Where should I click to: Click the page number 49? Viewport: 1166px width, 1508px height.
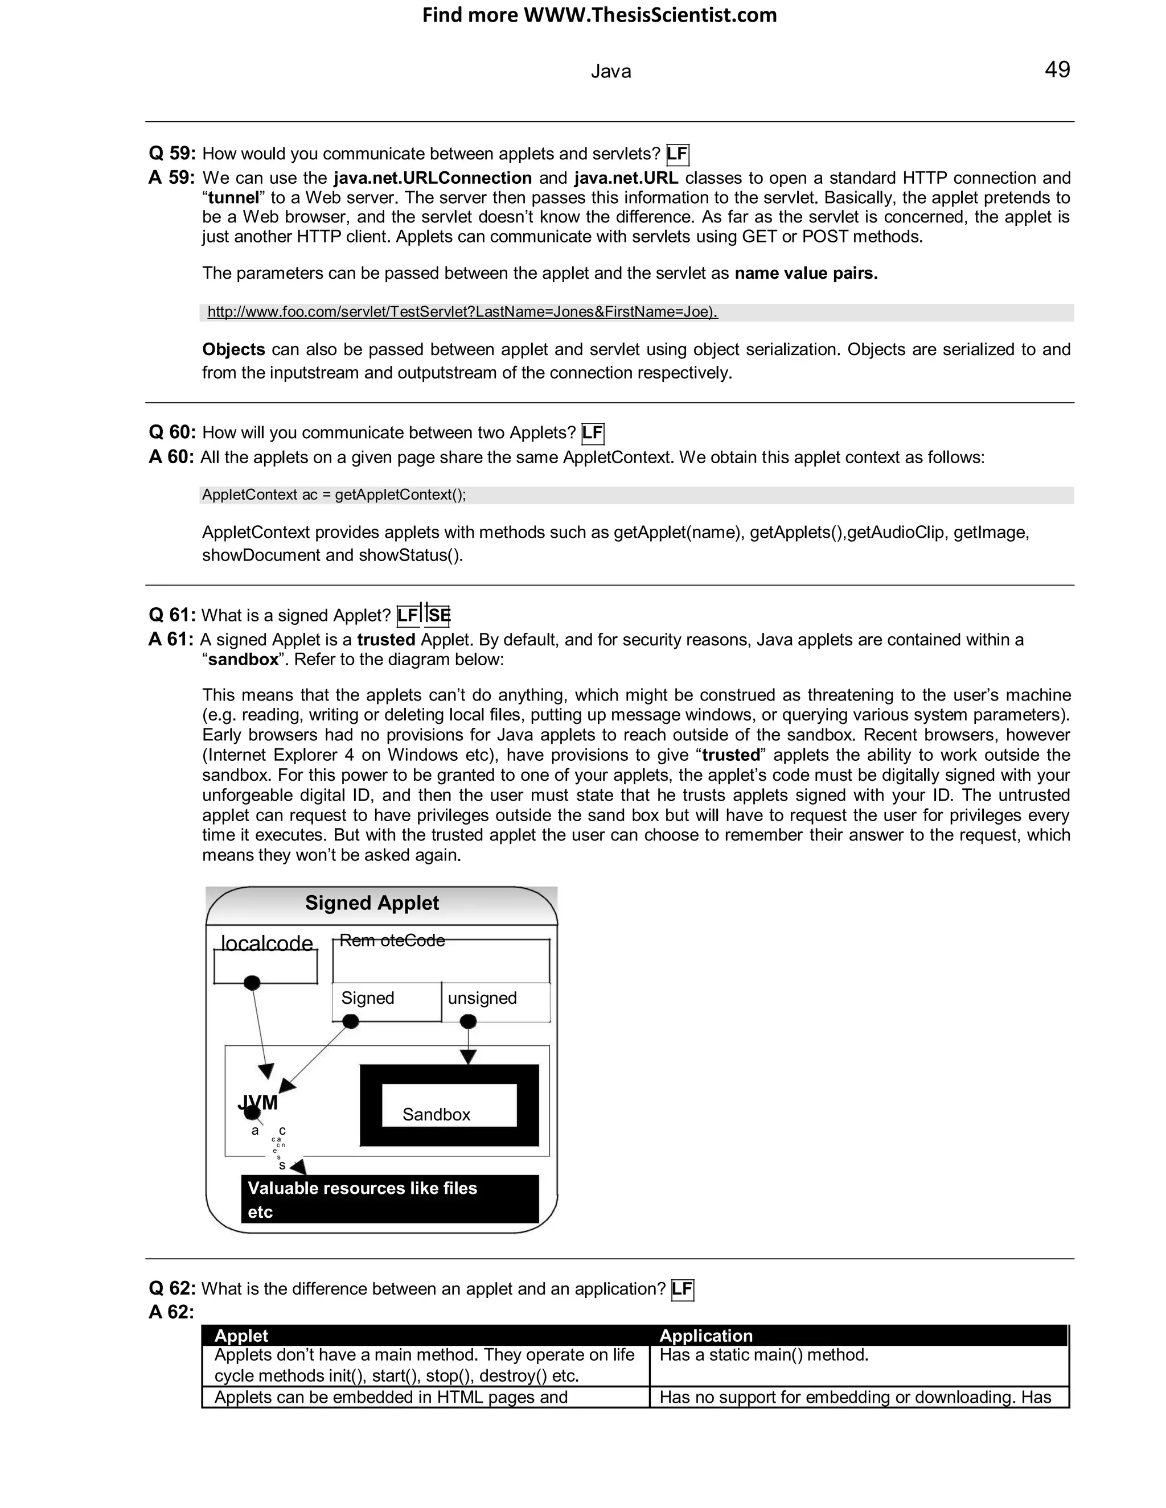[x=1057, y=70]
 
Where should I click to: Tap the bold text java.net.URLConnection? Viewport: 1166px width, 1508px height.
[x=433, y=178]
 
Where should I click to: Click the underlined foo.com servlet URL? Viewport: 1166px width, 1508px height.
[x=462, y=312]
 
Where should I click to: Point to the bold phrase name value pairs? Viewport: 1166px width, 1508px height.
[x=806, y=273]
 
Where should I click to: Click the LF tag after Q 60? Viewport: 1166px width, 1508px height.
[x=593, y=433]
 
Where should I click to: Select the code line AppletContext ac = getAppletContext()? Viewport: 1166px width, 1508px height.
[x=334, y=495]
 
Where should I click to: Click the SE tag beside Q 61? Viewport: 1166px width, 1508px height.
[x=438, y=615]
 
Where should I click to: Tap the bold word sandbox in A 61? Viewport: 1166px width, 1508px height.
[x=243, y=660]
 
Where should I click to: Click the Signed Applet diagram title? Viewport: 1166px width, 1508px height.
[x=372, y=903]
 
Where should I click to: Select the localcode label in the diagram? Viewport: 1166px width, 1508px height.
[x=266, y=942]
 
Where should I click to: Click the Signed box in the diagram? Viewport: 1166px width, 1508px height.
[x=385, y=999]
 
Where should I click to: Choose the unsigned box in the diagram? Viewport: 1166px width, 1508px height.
[x=495, y=999]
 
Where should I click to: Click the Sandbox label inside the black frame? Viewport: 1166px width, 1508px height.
[x=437, y=1114]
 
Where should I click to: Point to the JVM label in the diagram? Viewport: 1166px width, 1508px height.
[x=258, y=1103]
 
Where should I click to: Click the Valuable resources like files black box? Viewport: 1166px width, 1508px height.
[x=389, y=1200]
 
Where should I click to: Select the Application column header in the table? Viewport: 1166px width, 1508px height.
[x=705, y=1336]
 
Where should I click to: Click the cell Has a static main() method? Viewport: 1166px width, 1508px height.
[x=763, y=1355]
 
